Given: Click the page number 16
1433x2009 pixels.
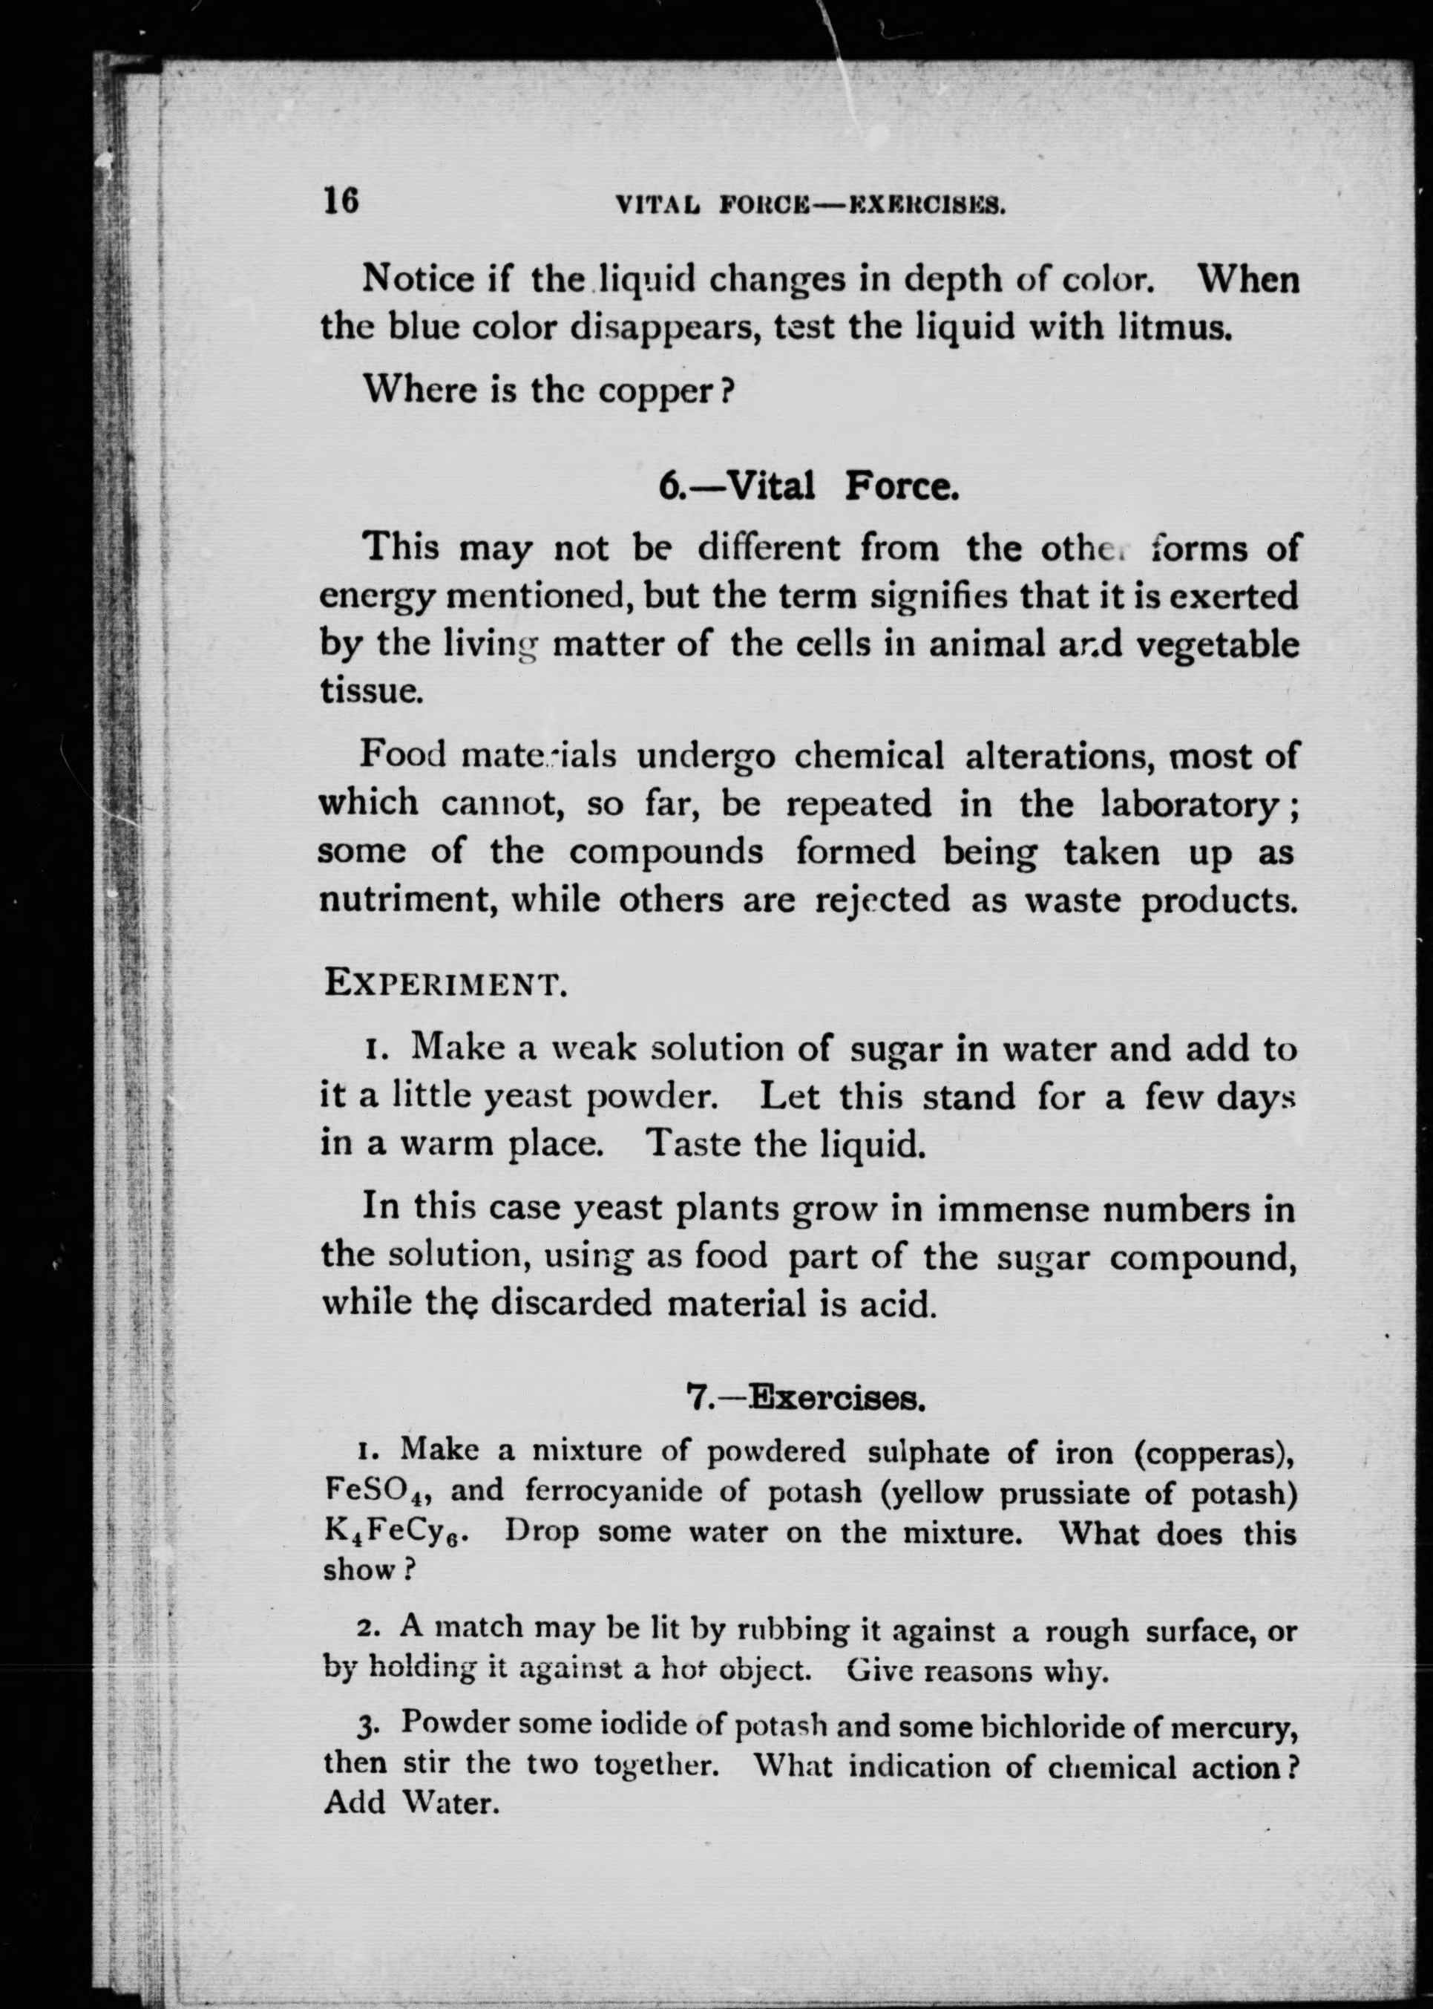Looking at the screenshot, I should pyautogui.click(x=341, y=200).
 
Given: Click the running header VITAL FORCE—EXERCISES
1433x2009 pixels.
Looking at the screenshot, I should pyautogui.click(x=810, y=206).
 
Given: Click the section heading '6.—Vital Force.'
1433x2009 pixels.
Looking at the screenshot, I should pyautogui.click(x=808, y=486).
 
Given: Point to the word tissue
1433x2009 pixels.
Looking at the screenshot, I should pyautogui.click(x=370, y=690).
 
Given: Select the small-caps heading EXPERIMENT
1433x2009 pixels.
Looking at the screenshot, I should pyautogui.click(x=445, y=983).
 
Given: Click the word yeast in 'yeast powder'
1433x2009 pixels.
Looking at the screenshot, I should pyautogui.click(x=528, y=1097).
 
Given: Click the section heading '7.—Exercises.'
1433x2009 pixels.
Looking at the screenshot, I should pyautogui.click(x=804, y=1398).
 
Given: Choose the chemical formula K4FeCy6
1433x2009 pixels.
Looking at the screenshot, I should pyautogui.click(x=396, y=1532).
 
